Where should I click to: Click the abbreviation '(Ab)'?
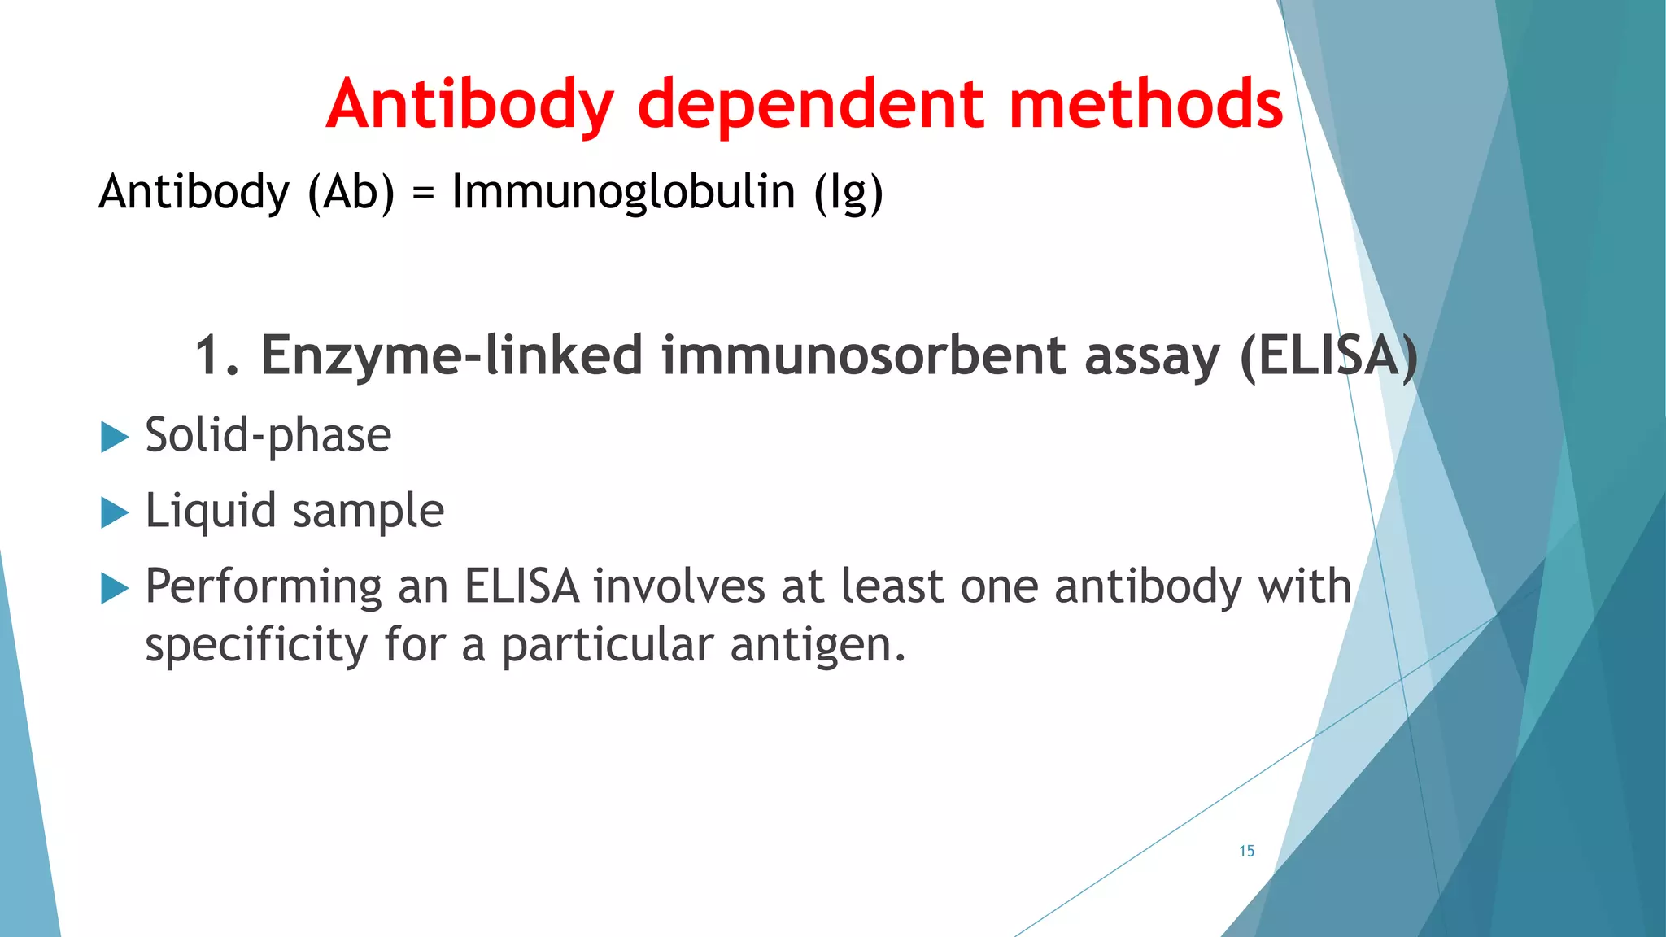(351, 192)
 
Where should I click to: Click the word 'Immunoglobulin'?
(623, 192)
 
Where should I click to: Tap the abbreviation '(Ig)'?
(848, 192)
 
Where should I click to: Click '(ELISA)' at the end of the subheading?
(1328, 356)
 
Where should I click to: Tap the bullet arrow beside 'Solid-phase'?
(115, 437)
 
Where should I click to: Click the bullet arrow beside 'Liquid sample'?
(115, 512)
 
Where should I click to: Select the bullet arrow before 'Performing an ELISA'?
(115, 588)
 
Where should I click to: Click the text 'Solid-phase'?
(268, 435)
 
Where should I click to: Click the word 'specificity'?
(256, 645)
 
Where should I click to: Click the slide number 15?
(1246, 851)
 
